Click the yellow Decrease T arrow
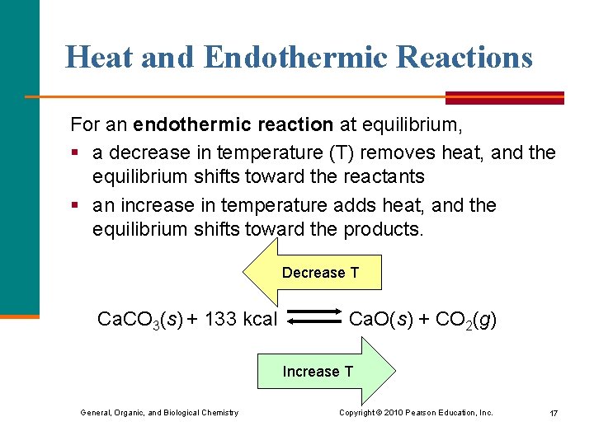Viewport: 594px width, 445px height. [313, 273]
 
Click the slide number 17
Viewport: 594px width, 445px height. [553, 413]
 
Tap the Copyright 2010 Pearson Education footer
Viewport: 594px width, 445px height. [416, 412]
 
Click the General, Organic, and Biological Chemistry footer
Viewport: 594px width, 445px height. [159, 412]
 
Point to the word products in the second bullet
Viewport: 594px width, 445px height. [389, 228]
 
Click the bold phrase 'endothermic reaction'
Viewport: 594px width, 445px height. [233, 125]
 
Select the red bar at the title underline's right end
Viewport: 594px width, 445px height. [504, 97]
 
